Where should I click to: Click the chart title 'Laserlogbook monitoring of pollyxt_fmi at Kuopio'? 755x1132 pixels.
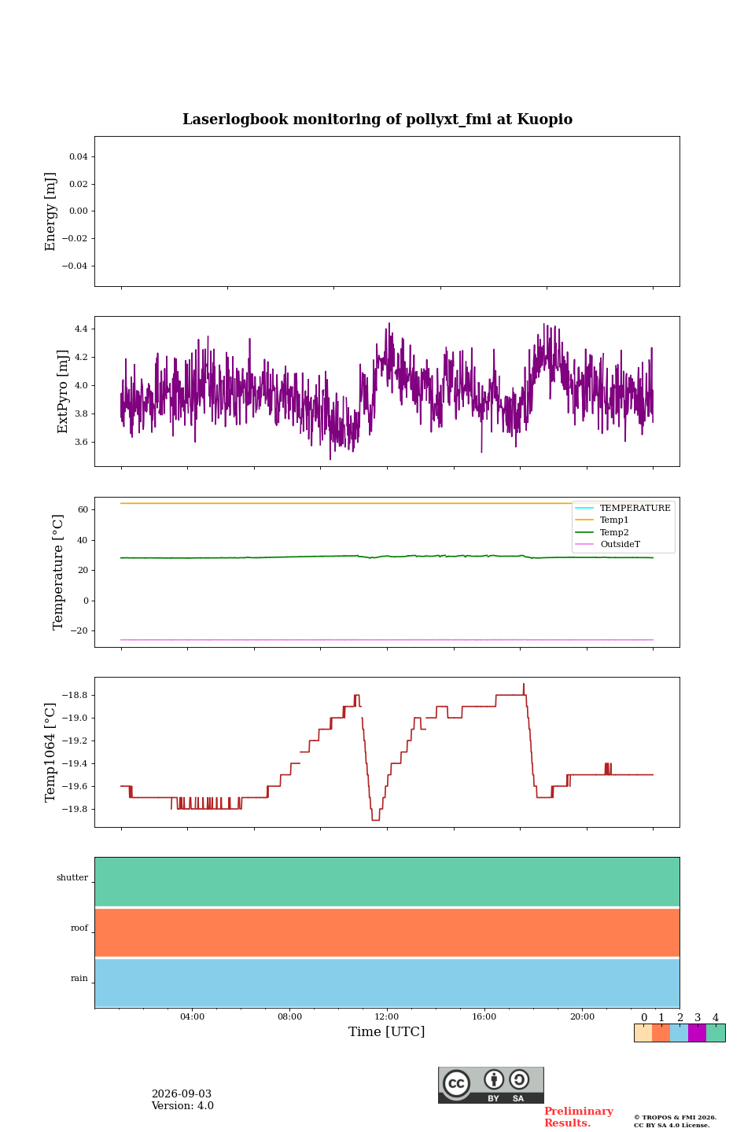click(x=377, y=119)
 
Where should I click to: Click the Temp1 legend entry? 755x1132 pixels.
click(x=602, y=520)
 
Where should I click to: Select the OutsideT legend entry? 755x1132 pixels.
click(x=607, y=544)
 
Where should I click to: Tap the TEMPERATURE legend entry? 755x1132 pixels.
click(x=623, y=508)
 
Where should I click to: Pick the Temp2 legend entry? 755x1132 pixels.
click(x=602, y=532)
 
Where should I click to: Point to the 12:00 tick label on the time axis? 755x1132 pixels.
click(x=387, y=1016)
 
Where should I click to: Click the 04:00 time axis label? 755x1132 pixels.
click(x=192, y=1016)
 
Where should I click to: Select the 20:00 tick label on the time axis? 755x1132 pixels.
click(x=582, y=1016)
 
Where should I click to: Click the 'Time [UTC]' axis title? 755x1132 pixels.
click(x=386, y=1031)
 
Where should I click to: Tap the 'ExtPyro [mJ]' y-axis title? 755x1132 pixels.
click(x=62, y=391)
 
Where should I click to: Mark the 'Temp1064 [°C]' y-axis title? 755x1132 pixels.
click(x=50, y=752)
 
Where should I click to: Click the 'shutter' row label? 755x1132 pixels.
click(x=72, y=877)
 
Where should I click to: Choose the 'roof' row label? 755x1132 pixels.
click(x=79, y=928)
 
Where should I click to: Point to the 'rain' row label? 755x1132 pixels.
click(x=79, y=978)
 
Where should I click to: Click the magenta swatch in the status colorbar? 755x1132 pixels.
click(x=698, y=1033)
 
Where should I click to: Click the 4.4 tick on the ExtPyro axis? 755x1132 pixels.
click(x=81, y=329)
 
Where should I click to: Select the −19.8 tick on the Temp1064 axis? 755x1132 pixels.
click(x=75, y=809)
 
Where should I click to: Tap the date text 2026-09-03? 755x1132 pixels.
click(x=182, y=1094)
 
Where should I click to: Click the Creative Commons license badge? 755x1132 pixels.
click(x=491, y=1085)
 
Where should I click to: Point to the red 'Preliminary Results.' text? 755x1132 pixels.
click(x=579, y=1117)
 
